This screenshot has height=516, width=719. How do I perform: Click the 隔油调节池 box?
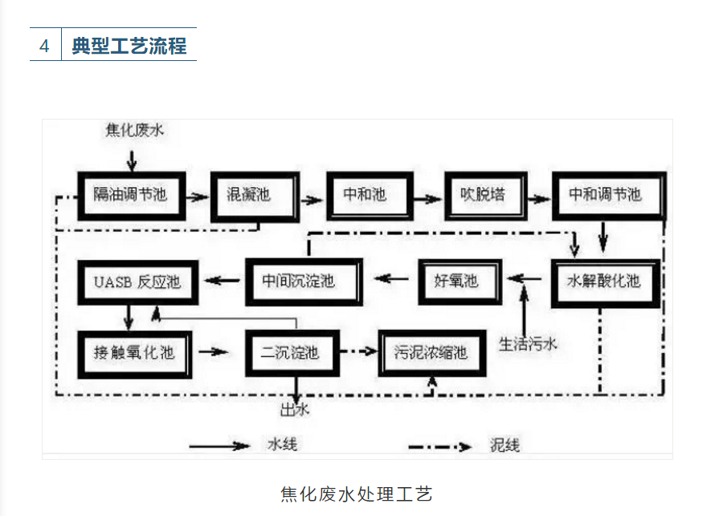[130, 195]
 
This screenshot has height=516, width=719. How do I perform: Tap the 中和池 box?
[366, 195]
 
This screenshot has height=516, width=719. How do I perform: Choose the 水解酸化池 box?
[605, 282]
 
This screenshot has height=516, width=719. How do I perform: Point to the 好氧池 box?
[457, 281]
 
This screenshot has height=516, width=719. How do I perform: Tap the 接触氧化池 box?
[134, 351]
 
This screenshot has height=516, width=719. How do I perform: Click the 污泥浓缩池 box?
[431, 352]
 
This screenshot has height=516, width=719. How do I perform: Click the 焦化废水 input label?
[134, 129]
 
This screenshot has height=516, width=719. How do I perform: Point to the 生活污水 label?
[528, 343]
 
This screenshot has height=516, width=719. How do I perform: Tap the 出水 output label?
[294, 410]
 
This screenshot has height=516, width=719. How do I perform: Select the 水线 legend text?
[282, 444]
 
